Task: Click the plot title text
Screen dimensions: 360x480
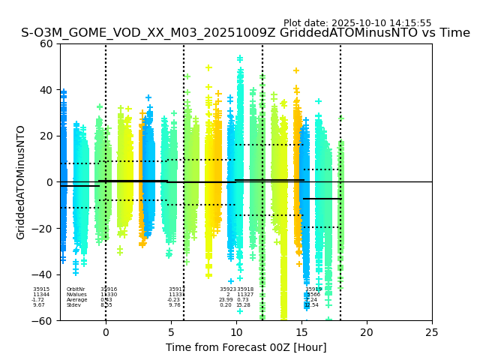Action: (245, 33)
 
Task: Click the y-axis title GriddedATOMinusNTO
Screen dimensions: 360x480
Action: (21, 182)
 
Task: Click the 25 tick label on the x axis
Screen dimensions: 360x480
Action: (432, 332)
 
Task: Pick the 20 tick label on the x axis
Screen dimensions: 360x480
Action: (367, 332)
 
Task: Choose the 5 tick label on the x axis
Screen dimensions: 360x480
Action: (171, 332)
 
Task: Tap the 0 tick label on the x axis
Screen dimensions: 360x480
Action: (106, 332)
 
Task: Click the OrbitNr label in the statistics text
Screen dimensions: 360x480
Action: (76, 289)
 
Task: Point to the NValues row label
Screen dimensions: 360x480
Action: (76, 295)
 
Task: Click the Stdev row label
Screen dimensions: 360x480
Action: (73, 305)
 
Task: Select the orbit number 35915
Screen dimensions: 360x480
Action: (41, 289)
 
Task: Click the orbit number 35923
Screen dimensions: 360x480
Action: (228, 289)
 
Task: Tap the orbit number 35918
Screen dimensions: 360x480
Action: (245, 289)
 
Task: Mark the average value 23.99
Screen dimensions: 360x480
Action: (226, 300)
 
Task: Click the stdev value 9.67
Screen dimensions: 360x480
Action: (39, 305)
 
